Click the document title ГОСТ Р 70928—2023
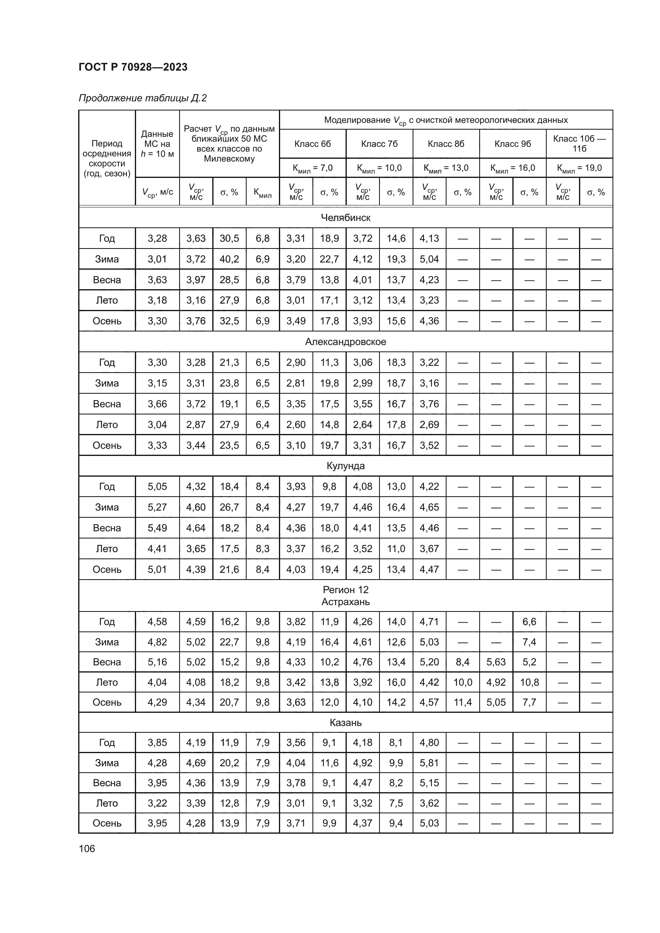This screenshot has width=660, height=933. point(133,67)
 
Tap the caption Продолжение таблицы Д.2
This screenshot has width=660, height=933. point(142,98)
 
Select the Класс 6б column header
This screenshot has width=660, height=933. point(312,144)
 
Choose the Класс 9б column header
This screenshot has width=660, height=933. point(512,144)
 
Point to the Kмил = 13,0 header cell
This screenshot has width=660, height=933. point(446,168)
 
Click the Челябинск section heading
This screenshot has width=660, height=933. point(346,218)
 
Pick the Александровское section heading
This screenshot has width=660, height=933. point(346,342)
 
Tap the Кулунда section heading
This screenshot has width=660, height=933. point(346,466)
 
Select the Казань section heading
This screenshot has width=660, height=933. point(346,722)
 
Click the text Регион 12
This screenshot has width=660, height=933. point(346,590)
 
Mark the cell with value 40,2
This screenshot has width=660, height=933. point(229,259)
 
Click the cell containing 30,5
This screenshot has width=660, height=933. point(229,239)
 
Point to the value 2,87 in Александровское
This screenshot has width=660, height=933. point(196,425)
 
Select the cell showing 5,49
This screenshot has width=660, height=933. point(157,528)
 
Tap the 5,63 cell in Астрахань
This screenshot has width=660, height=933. point(496,662)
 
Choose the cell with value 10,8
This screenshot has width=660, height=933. point(529,682)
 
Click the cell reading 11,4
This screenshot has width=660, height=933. point(462,702)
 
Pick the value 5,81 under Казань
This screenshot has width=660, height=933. point(429,763)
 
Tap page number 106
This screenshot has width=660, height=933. point(87,848)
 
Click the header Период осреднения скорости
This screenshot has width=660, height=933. point(107,158)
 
